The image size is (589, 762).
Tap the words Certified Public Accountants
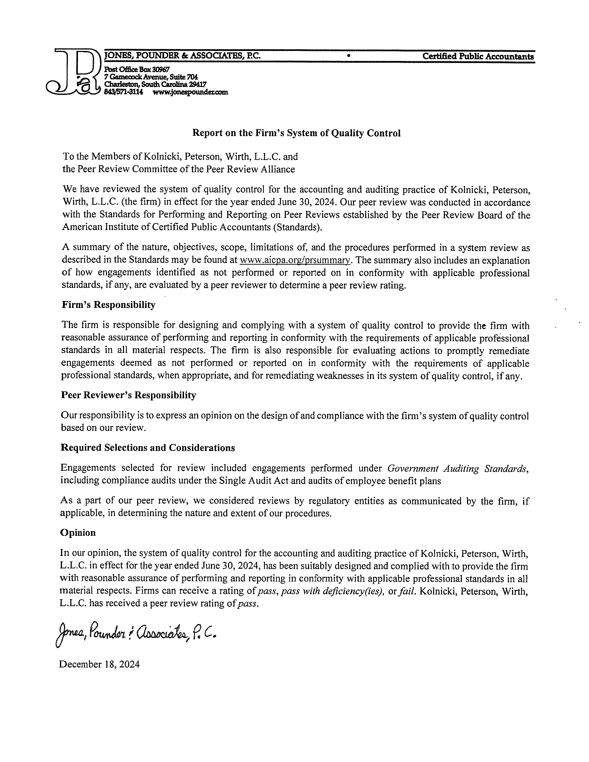tap(478, 56)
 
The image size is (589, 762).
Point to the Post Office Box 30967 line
tap(137, 70)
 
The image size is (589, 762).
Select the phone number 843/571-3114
tap(124, 92)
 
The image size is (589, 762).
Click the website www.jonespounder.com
tap(191, 92)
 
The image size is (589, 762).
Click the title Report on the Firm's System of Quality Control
tap(297, 133)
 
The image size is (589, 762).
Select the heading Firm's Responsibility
tap(108, 304)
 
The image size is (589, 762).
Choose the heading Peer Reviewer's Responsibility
tap(129, 395)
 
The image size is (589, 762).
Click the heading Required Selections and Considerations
tap(148, 448)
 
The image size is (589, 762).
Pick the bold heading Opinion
tap(78, 532)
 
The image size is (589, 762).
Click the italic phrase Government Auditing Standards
tap(457, 468)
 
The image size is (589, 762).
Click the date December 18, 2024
tap(99, 664)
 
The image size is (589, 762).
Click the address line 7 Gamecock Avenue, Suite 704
tap(151, 77)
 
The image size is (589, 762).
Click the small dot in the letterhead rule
tap(348, 56)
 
